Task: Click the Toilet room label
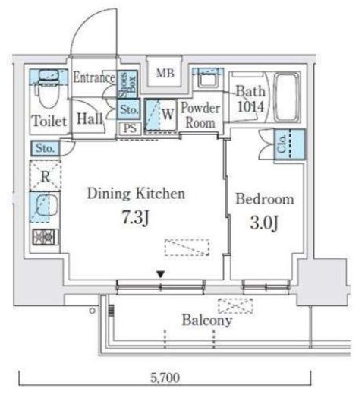click(49, 121)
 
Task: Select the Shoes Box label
click(128, 84)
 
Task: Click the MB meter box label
click(165, 74)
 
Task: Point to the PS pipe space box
click(130, 128)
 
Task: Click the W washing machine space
click(160, 115)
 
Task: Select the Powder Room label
click(200, 115)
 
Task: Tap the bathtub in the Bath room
click(287, 97)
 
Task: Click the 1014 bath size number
click(250, 107)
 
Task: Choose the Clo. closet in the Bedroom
click(290, 144)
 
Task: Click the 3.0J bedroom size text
click(264, 223)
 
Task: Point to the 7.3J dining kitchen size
click(136, 218)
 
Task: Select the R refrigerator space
click(46, 176)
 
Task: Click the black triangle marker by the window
click(161, 274)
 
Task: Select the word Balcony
click(207, 321)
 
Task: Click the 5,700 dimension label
click(165, 378)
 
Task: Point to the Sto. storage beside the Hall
click(128, 109)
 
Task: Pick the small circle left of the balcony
click(93, 311)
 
